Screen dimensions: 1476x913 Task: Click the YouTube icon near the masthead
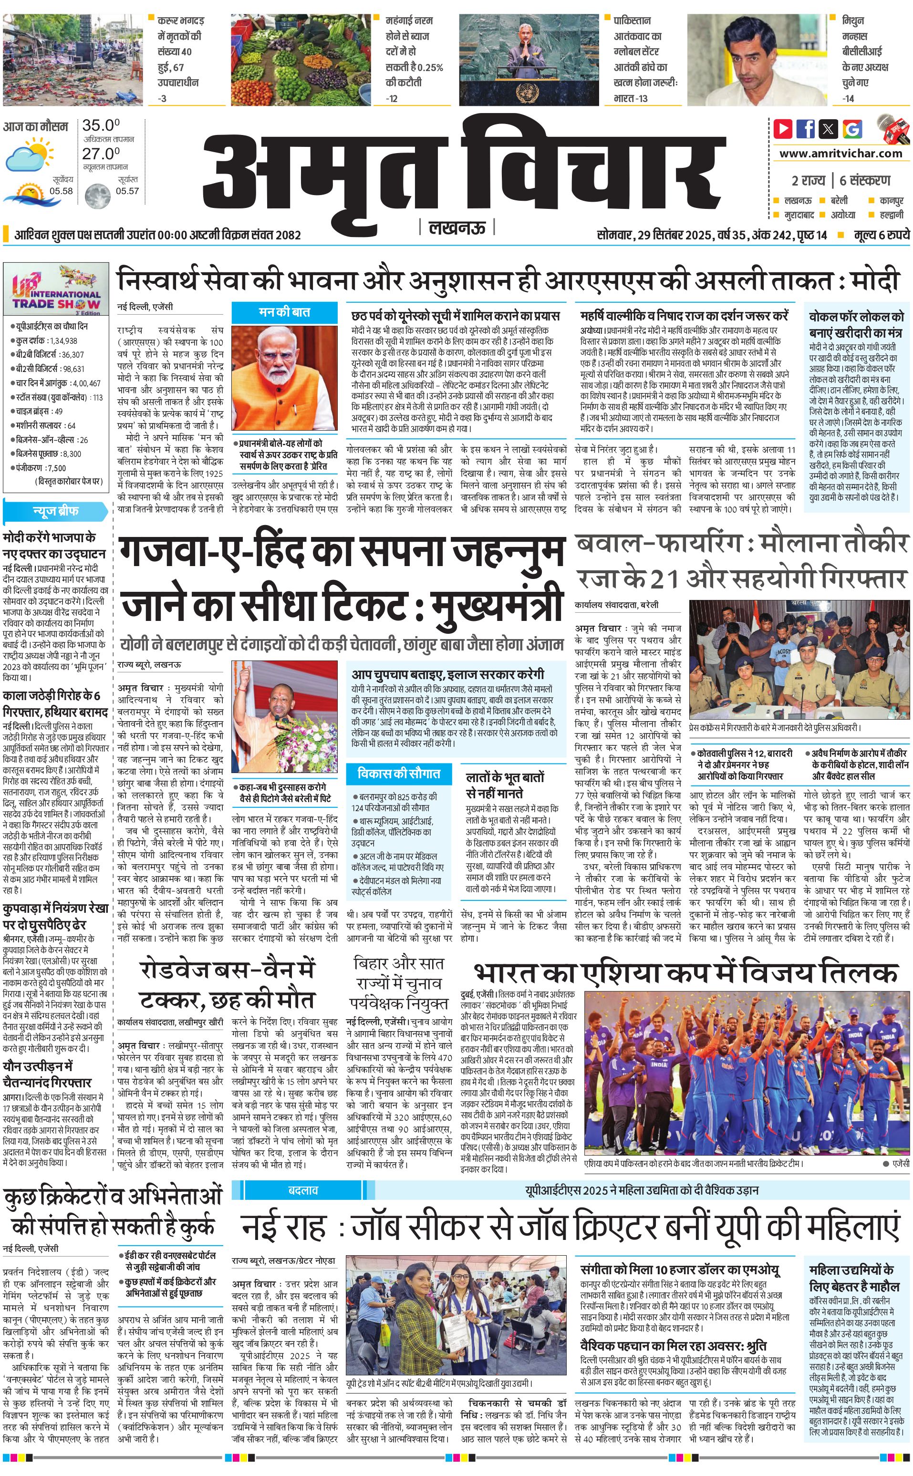point(783,129)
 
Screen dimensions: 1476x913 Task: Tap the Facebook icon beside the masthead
point(806,129)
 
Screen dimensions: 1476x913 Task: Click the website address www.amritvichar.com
point(840,154)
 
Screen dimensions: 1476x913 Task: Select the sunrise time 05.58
point(61,191)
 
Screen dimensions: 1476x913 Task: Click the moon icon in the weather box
point(97,196)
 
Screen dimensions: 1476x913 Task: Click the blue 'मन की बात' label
point(284,312)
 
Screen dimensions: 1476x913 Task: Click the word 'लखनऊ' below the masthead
point(457,227)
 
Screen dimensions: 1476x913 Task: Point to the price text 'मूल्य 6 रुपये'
point(882,235)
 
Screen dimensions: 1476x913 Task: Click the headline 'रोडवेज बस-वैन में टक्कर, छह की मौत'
point(227,984)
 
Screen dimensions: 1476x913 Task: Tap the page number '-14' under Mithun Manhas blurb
point(849,98)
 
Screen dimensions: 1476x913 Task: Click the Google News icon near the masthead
point(852,129)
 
